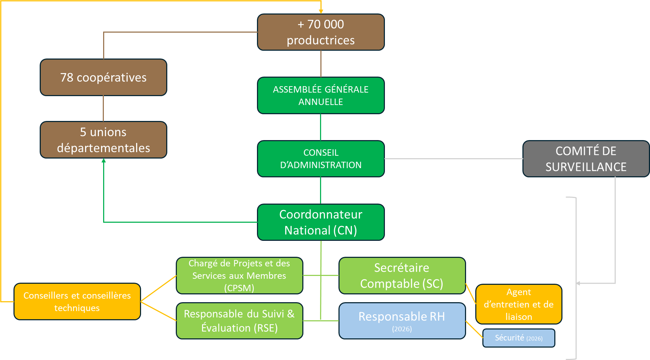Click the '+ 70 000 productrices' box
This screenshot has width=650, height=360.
(321, 32)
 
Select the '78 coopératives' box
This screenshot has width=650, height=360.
(103, 77)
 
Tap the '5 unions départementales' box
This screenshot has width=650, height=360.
(103, 140)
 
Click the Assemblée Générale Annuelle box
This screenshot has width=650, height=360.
(321, 95)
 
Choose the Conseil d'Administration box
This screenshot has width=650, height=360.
(321, 159)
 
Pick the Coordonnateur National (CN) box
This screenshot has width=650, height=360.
(321, 222)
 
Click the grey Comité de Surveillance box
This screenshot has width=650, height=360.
(586, 159)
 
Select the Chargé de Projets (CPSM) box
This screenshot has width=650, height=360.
(239, 276)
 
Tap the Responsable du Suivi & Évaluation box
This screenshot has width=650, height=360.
(239, 321)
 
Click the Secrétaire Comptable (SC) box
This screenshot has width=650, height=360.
(402, 276)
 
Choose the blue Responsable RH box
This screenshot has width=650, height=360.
(402, 321)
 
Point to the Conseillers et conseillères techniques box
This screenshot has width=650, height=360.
(77, 301)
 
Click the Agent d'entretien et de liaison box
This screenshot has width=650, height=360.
(519, 304)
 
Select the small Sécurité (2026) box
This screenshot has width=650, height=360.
(519, 338)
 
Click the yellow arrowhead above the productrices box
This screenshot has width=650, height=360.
(321, 12)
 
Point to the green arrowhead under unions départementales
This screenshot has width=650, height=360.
(103, 161)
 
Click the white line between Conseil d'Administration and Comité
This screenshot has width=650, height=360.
(454, 159)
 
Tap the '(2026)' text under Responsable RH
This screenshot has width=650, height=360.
(402, 329)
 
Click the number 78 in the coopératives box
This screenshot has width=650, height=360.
(67, 77)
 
